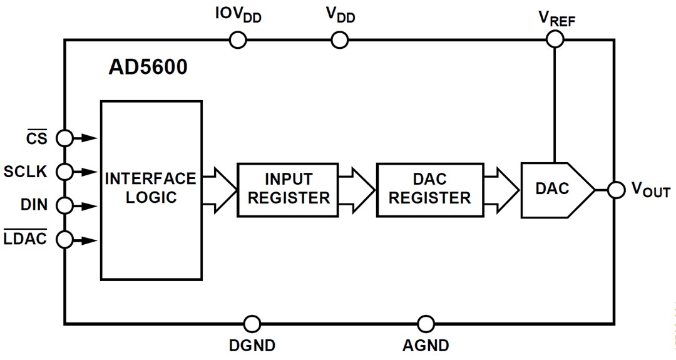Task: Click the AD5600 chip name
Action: (148, 68)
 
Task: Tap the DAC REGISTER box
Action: (429, 189)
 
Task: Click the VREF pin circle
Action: (555, 40)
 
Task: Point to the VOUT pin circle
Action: (616, 190)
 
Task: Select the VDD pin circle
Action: (339, 40)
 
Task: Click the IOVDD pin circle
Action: (238, 40)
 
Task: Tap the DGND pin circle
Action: (252, 324)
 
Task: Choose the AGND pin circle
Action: (426, 324)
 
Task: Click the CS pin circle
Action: (64, 137)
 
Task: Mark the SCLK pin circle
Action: (64, 171)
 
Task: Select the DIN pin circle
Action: (64, 205)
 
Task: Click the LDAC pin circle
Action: (64, 239)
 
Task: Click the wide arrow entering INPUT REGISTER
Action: (220, 189)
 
